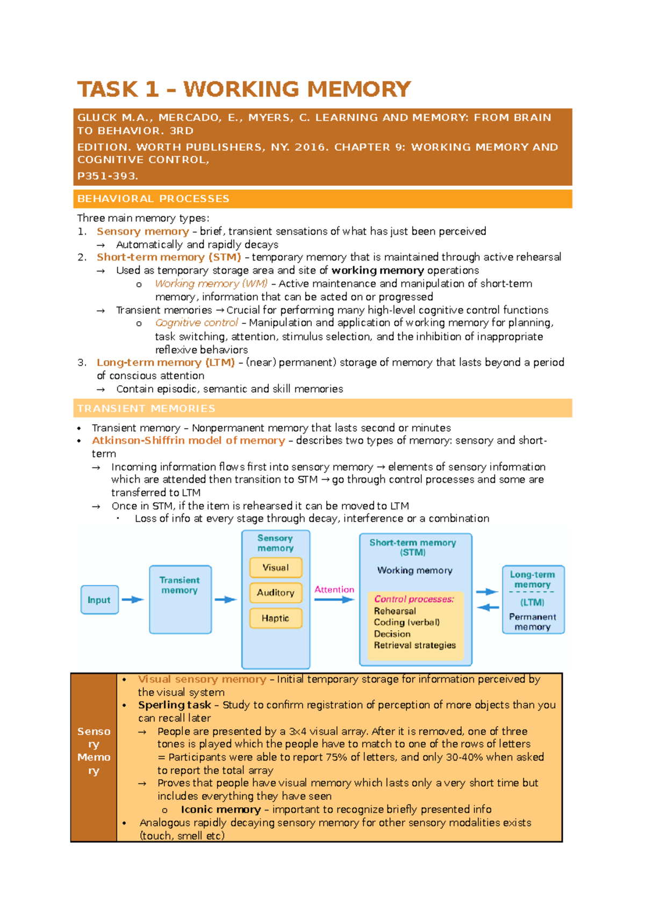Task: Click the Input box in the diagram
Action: pos(99,600)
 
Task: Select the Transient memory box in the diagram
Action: pos(180,599)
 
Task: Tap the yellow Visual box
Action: pos(276,568)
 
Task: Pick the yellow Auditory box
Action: pos(276,593)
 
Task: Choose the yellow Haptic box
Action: pos(276,618)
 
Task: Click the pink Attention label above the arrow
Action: pos(334,590)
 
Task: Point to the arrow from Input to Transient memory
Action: pos(133,599)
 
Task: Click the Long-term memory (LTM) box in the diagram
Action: pos(533,599)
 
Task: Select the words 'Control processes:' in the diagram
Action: pos(414,599)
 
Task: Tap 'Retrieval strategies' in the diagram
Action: pos(414,645)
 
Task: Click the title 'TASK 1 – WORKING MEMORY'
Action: pos(244,89)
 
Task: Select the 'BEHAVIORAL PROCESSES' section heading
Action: pos(153,199)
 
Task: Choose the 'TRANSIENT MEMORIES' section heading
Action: pos(146,409)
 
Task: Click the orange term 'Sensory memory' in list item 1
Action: pos(142,231)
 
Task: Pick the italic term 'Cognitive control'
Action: pos(196,323)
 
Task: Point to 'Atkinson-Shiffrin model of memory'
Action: pos(188,440)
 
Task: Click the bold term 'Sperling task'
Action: pos(174,705)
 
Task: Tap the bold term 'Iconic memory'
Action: pos(220,809)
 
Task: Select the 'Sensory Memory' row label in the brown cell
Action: pos(94,751)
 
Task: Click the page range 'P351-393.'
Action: pos(107,176)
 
